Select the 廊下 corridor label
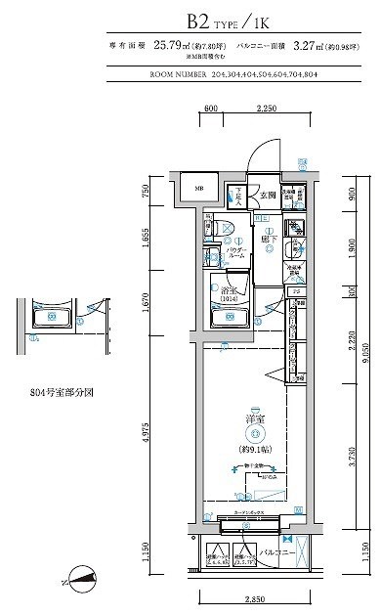(x=268, y=237)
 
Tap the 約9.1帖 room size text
(x=253, y=448)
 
